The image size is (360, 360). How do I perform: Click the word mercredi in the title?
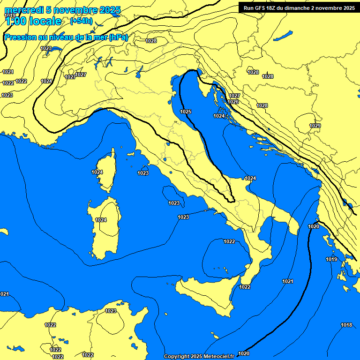pyautogui.click(x=21, y=10)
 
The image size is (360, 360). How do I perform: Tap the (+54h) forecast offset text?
pyautogui.click(x=81, y=21)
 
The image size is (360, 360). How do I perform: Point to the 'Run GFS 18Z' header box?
pyautogui.click(x=299, y=7)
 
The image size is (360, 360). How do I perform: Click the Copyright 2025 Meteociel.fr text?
pyautogui.click(x=199, y=356)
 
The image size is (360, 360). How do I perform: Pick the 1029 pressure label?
pyautogui.click(x=315, y=126)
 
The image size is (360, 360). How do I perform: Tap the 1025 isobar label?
pyautogui.click(x=186, y=112)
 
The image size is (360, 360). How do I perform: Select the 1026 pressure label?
pyautogui.click(x=233, y=102)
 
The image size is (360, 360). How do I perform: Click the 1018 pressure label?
pyautogui.click(x=346, y=325)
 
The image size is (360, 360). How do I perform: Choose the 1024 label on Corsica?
pyautogui.click(x=97, y=172)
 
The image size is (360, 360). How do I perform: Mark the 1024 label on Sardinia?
pyautogui.click(x=101, y=220)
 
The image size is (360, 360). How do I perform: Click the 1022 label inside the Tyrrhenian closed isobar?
pyautogui.click(x=229, y=241)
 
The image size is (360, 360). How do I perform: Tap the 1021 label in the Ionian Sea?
pyautogui.click(x=288, y=281)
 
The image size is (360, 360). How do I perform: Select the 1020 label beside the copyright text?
pyautogui.click(x=244, y=353)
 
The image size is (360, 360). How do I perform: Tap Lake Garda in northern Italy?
pyautogui.click(x=139, y=71)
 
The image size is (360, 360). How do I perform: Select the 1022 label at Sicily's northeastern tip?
pyautogui.click(x=245, y=287)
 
